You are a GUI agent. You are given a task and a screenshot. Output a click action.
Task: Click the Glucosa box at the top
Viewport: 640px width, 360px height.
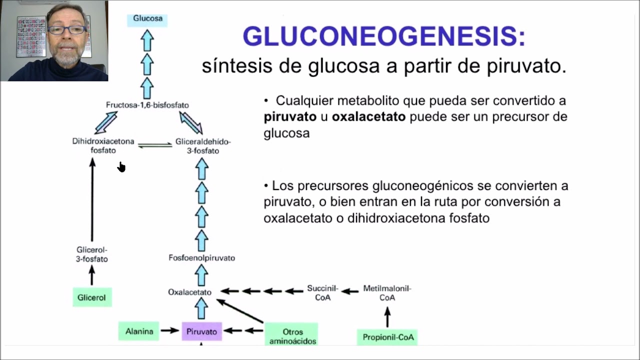pyautogui.click(x=147, y=19)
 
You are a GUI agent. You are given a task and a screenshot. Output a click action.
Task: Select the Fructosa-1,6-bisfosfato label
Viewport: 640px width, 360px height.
pyautogui.click(x=147, y=105)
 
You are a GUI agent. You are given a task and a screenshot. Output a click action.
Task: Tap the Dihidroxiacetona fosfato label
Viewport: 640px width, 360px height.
pyautogui.click(x=103, y=146)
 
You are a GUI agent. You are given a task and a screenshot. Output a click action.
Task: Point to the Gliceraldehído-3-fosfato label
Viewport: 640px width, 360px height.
pyautogui.click(x=202, y=146)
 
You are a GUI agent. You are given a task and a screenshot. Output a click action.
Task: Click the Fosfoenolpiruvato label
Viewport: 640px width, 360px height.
pyautogui.click(x=201, y=258)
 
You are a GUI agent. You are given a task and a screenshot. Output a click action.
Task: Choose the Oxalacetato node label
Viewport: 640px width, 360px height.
pyautogui.click(x=189, y=292)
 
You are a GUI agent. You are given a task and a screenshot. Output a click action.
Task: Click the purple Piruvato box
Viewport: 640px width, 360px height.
pyautogui.click(x=201, y=331)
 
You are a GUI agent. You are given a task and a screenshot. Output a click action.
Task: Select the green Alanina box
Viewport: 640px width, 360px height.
pyautogui.click(x=139, y=331)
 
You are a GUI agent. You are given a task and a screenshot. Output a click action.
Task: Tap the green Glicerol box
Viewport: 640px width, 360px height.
pyautogui.click(x=91, y=297)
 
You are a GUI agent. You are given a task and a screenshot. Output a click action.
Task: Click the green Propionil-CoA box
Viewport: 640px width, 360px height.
pyautogui.click(x=388, y=337)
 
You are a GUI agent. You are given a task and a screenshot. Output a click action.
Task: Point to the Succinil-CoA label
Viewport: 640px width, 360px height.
pyautogui.click(x=322, y=293)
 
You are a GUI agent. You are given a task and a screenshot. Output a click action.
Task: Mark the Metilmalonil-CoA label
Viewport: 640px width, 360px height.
pyautogui.click(x=387, y=293)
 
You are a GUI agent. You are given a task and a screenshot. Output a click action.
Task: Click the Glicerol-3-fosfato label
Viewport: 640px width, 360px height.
pyautogui.click(x=92, y=254)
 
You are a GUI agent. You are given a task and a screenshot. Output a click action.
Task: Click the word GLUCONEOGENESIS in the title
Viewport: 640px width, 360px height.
pyautogui.click(x=384, y=36)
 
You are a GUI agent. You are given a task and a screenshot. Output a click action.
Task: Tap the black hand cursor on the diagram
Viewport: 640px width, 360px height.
pyautogui.click(x=121, y=167)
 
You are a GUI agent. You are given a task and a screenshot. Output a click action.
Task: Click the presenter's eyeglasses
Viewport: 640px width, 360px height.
pyautogui.click(x=67, y=30)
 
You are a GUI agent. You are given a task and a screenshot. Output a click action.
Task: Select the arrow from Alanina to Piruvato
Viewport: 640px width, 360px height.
pyautogui.click(x=170, y=330)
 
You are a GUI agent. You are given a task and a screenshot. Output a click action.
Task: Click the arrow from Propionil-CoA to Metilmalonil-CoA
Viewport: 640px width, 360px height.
pyautogui.click(x=387, y=317)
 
